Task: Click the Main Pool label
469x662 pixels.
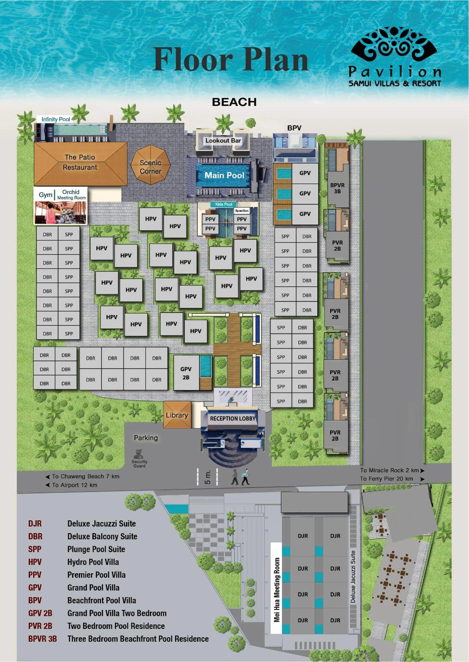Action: pos(224,175)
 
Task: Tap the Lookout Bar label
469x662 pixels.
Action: pos(223,140)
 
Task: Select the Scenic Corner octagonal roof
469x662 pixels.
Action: pos(150,165)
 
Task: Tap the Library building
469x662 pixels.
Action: pos(177,415)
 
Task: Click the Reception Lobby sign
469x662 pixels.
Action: pos(232,418)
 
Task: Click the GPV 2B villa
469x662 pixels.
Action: pos(186,373)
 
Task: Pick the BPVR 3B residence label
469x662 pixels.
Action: pos(337,188)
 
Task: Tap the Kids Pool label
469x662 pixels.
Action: pos(223,204)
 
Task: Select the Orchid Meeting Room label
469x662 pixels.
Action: pos(71,194)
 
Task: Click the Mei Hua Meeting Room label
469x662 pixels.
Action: pos(277,589)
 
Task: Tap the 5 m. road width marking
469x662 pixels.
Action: pos(207,477)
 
